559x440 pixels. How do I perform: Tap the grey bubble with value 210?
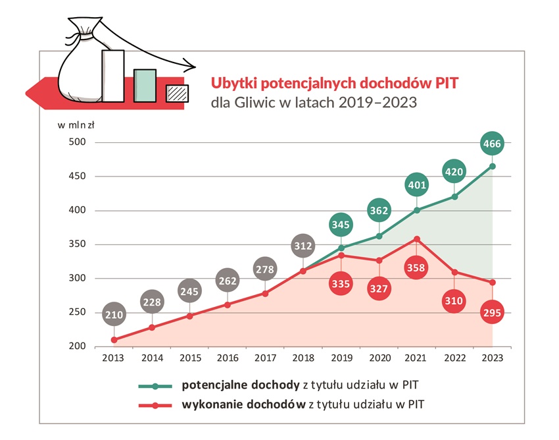pyautogui.click(x=114, y=315)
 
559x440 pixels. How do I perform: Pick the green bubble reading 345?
pyautogui.click(x=341, y=225)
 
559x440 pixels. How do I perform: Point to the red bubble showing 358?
pyautogui.click(x=416, y=268)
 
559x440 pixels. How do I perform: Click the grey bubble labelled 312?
pyautogui.click(x=303, y=246)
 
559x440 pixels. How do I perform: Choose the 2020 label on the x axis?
pyautogui.click(x=378, y=358)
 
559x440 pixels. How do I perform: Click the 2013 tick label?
pyautogui.click(x=114, y=358)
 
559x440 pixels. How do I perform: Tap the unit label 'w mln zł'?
pyautogui.click(x=77, y=125)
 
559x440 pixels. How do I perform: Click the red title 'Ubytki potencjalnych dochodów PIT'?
pyautogui.click(x=334, y=84)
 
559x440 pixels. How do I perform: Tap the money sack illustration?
pyautogui.click(x=80, y=66)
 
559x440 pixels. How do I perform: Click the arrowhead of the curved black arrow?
pyautogui.click(x=191, y=65)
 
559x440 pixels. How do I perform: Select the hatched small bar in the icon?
pyautogui.click(x=177, y=94)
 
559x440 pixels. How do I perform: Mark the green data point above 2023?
pyautogui.click(x=493, y=166)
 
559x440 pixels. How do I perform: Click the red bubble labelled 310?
pyautogui.click(x=454, y=300)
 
